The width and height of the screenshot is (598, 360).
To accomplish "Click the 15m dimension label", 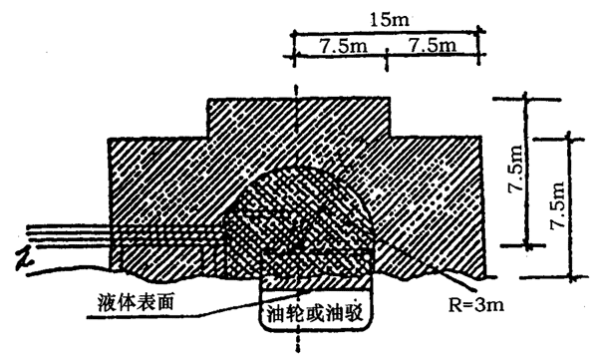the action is click(390, 20).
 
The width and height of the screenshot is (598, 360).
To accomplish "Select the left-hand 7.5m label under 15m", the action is click(343, 46).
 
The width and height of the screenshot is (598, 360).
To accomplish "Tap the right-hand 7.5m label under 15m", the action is click(433, 46).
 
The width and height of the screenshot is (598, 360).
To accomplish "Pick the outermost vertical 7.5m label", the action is click(557, 205).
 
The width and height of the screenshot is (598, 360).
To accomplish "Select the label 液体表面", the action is click(136, 302).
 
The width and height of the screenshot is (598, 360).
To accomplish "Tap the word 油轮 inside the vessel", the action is click(284, 314).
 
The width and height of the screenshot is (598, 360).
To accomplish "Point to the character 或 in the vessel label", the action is click(314, 314).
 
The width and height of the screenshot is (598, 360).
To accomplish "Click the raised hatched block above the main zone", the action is click(298, 118).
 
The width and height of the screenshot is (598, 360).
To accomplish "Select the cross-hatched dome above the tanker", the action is click(297, 221).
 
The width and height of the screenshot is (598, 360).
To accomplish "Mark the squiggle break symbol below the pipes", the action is click(24, 260).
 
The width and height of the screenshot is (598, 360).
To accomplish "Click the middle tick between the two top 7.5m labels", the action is click(387, 60).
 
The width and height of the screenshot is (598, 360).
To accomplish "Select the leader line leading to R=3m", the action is click(455, 278).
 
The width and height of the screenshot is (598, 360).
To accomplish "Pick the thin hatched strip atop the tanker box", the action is click(315, 282).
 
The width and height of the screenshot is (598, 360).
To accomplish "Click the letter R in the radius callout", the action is click(454, 305).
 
